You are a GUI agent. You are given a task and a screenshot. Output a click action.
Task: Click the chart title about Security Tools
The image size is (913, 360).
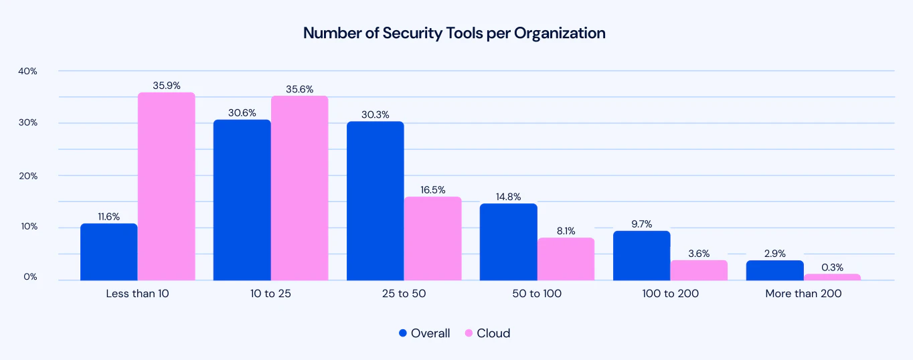(x=454, y=33)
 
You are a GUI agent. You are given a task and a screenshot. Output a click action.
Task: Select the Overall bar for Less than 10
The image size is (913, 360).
(x=108, y=252)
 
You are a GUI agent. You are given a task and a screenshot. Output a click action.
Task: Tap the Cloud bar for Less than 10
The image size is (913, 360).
(x=166, y=186)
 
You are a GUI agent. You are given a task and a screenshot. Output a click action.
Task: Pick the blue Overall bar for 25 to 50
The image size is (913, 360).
(x=375, y=201)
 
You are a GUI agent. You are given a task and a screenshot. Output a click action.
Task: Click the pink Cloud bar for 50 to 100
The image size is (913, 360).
(x=566, y=259)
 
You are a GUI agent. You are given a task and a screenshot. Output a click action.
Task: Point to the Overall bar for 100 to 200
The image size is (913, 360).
(x=641, y=256)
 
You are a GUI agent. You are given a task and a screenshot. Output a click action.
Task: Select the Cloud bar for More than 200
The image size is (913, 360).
(x=832, y=277)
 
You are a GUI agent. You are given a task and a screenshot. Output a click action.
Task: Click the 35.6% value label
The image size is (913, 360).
(x=299, y=89)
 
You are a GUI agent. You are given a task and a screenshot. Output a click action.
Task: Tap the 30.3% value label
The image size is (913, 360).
(x=376, y=114)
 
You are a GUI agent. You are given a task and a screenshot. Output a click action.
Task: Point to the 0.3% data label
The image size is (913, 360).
(x=833, y=266)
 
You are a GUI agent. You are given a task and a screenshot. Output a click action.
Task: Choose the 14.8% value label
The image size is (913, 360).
(x=508, y=196)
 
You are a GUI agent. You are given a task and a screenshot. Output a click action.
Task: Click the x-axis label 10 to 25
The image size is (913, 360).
(x=270, y=294)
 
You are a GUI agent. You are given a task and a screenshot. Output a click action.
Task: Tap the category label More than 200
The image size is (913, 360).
(x=803, y=294)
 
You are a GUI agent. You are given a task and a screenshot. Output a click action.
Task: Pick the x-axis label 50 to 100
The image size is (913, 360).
(x=537, y=294)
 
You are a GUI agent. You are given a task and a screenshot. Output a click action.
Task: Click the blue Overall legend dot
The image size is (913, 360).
(x=402, y=333)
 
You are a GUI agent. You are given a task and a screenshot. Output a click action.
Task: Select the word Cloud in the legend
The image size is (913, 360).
(x=493, y=333)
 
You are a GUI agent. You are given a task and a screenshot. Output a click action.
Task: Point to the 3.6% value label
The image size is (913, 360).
(x=698, y=253)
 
